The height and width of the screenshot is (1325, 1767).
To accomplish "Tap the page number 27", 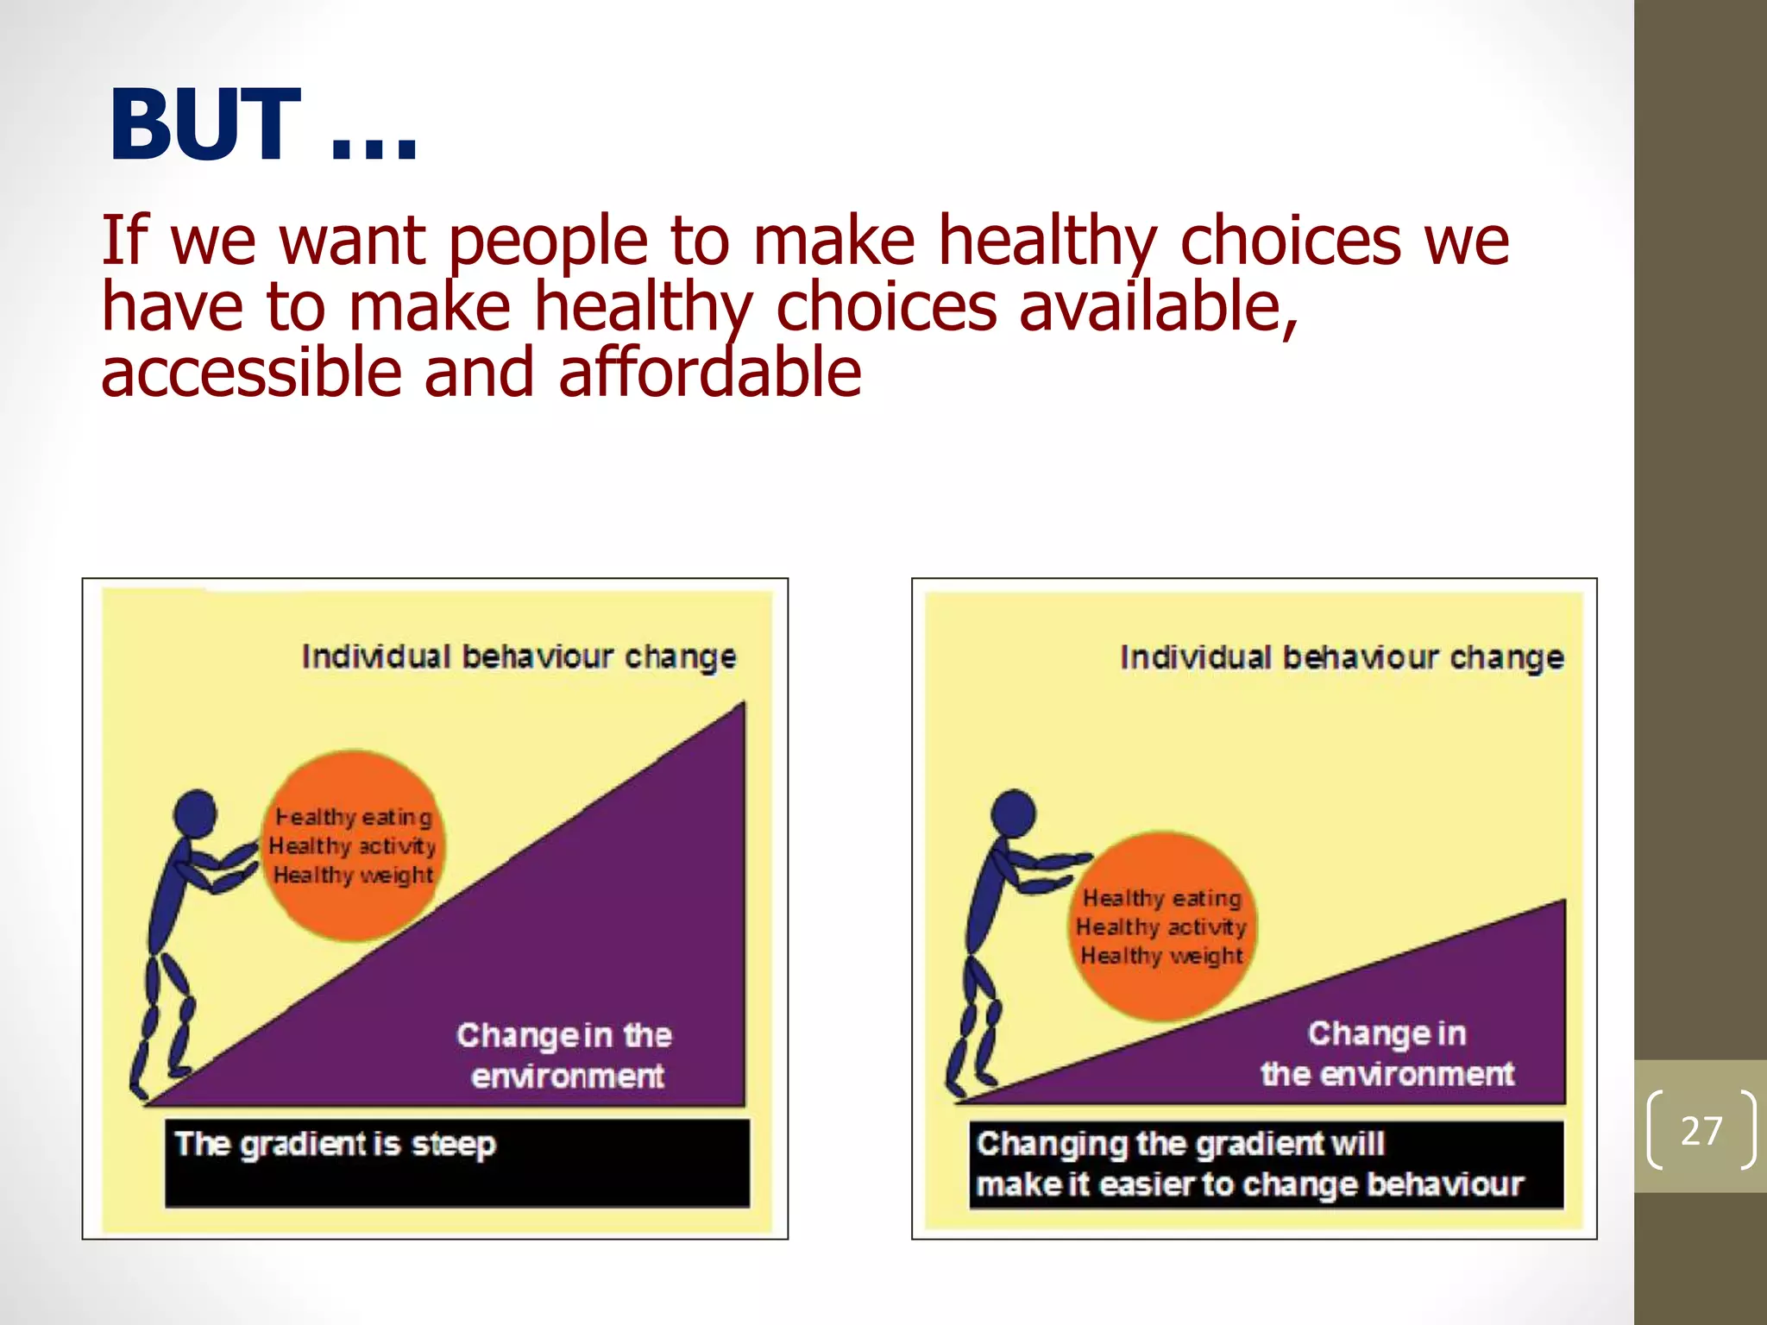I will (1701, 1130).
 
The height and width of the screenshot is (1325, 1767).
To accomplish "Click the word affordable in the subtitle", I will (709, 373).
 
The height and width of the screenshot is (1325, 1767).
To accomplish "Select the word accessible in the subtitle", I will (251, 373).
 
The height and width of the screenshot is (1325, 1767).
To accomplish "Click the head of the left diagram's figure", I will (196, 813).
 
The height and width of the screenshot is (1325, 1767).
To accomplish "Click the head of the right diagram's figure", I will (1013, 813).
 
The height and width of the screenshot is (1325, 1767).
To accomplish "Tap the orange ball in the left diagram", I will (352, 845).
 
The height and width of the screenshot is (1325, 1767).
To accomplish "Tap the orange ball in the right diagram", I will (1161, 927).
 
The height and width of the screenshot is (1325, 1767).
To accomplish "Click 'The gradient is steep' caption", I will (335, 1145).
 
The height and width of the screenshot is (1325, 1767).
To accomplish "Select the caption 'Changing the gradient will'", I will (1180, 1144).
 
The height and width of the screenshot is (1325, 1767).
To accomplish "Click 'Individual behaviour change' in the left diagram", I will (519, 657).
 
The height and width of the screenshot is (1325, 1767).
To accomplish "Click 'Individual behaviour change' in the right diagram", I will (1342, 658).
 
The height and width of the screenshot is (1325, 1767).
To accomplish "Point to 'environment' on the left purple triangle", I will (567, 1077).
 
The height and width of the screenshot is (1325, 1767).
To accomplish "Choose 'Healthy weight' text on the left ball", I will (353, 876).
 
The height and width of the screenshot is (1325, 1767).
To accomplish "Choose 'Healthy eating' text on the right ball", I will (1162, 898).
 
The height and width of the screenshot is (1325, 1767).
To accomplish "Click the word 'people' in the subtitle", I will (548, 242).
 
